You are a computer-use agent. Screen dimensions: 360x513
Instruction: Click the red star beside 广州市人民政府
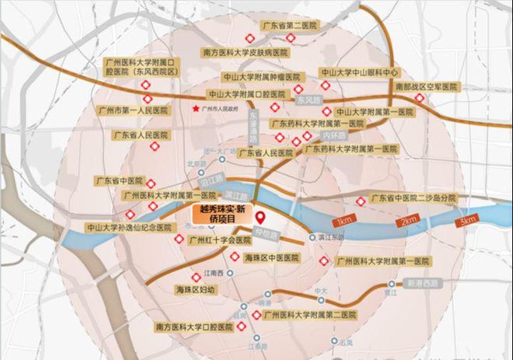(x=194, y=110)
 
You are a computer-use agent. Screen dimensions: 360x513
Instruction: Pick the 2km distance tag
(x=409, y=222)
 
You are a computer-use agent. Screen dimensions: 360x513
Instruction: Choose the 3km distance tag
(x=468, y=221)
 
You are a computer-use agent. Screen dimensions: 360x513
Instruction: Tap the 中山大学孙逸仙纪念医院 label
(x=128, y=228)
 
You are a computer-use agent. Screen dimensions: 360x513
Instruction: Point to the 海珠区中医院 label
(x=270, y=257)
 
